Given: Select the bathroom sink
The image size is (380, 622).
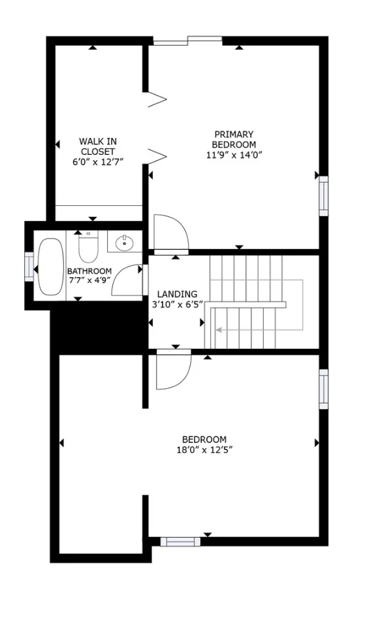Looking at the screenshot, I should pos(124,244).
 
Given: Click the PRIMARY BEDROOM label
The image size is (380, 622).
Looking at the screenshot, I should pos(234,139).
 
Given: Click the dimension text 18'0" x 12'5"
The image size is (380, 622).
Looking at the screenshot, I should pos(204,450).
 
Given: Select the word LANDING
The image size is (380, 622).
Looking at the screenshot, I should pos(176,294).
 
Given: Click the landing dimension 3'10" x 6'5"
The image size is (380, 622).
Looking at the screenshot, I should pos(177,304).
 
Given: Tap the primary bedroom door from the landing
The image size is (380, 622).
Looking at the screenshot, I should pos(170,233).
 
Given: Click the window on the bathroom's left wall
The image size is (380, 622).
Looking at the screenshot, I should pos(28,266).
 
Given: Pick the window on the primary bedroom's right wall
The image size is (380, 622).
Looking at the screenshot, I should pos(323,195).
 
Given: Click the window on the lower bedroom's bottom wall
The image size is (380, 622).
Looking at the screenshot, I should pos(180,541).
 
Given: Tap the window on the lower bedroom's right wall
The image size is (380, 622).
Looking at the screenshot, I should pos(323,389).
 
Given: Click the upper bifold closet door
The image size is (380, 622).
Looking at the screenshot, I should pos(157,99).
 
